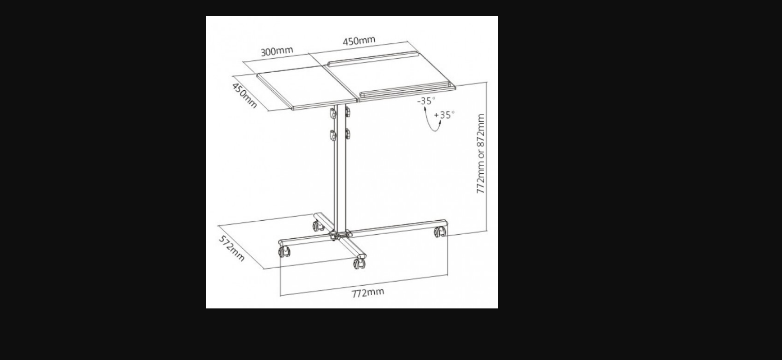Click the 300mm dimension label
tap(277, 51)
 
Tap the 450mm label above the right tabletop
tap(359, 41)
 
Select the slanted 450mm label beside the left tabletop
tap(244, 95)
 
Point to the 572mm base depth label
tap(231, 248)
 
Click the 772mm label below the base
tap(368, 292)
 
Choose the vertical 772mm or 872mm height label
tap(481, 154)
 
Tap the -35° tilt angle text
tap(426, 101)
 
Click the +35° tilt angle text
tap(444, 115)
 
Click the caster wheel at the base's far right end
tap(440, 232)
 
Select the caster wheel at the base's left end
tap(284, 251)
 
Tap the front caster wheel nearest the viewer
tap(360, 263)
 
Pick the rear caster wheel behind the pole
tap(318, 226)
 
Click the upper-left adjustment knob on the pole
tap(333, 113)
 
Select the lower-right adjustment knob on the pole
tap(347, 134)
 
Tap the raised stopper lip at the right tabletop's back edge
tap(373, 58)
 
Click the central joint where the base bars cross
tap(340, 234)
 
